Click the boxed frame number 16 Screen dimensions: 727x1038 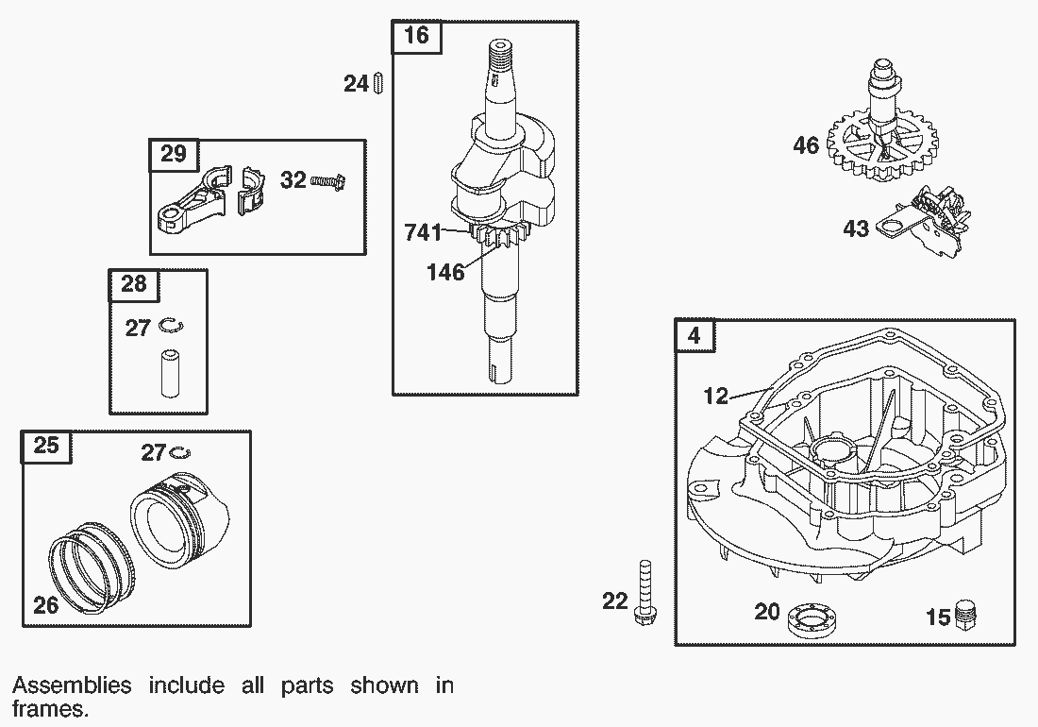[x=416, y=36]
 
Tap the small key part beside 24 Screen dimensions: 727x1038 [x=377, y=83]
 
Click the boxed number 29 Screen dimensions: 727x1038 [x=174, y=154]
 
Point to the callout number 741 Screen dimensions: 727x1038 [x=423, y=232]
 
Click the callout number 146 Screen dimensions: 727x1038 [x=445, y=273]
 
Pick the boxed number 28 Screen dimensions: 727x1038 [x=134, y=283]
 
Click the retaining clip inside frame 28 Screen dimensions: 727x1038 [x=172, y=326]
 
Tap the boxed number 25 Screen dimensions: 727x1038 [x=46, y=446]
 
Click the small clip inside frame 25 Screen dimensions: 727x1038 [x=182, y=453]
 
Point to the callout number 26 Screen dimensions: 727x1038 [x=45, y=605]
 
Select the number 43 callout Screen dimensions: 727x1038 [x=856, y=229]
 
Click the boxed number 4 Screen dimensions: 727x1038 [x=695, y=335]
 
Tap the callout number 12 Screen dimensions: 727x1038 [x=716, y=397]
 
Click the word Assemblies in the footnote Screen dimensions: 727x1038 [x=71, y=685]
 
